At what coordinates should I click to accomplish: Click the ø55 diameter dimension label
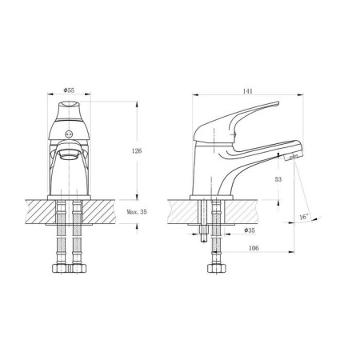click(69, 90)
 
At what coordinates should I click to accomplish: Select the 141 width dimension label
click(247, 91)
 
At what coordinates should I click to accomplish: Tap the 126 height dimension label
click(137, 151)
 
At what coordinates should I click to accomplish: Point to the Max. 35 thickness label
click(137, 212)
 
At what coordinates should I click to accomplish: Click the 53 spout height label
click(278, 179)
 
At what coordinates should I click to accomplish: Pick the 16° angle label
click(304, 217)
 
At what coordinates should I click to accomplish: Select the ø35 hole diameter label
click(250, 230)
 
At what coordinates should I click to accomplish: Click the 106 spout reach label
click(254, 248)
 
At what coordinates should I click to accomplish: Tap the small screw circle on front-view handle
click(70, 134)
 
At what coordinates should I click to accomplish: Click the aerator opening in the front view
click(70, 154)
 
